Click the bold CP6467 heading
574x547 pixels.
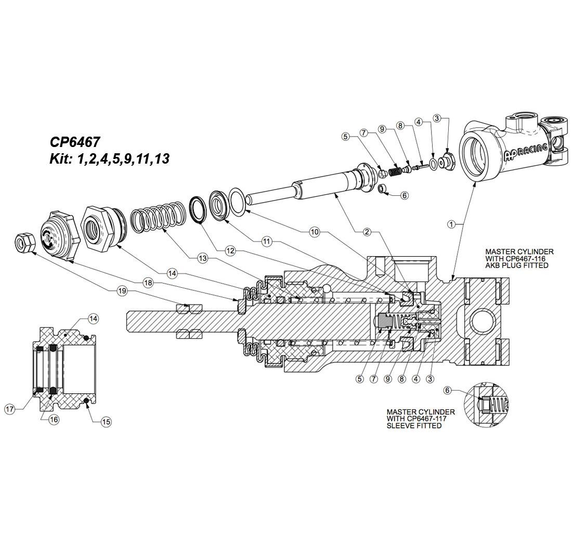pos(75,142)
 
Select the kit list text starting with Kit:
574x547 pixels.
pos(109,159)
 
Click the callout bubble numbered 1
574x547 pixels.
pos(452,224)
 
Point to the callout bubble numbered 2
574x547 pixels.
pos(367,232)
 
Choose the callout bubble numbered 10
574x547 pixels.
pos(314,232)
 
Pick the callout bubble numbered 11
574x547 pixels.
pos(267,242)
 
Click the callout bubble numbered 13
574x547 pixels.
pos(202,258)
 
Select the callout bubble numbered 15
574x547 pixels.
pos(106,422)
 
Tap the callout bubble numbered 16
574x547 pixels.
pos(54,419)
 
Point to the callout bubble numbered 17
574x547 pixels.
pos(10,409)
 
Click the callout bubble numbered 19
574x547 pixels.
pos(122,291)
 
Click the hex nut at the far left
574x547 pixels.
pos(24,243)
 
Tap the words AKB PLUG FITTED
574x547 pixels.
pos(517,265)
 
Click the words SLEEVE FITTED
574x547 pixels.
pos(414,426)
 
